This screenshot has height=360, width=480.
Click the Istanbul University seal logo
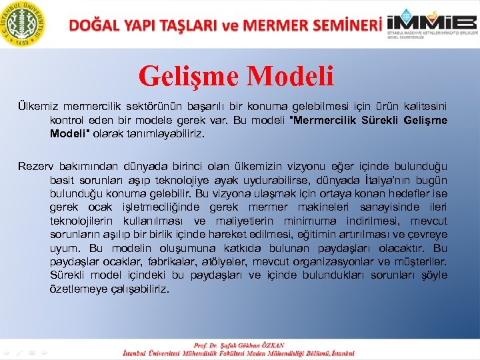(23, 23)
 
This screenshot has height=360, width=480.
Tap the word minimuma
(313, 221)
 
